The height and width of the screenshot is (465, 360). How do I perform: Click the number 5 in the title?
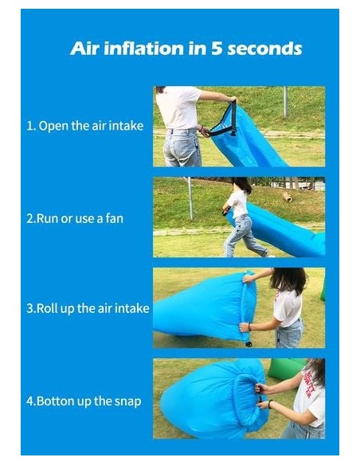click(217, 49)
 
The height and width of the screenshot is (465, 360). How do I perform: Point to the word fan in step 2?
click(114, 218)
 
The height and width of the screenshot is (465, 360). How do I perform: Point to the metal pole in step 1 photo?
click(285, 102)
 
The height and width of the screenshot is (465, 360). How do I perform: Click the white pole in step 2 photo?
click(190, 198)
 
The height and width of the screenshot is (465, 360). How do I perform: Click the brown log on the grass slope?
click(287, 197)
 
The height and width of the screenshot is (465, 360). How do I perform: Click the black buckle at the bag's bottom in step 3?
click(248, 344)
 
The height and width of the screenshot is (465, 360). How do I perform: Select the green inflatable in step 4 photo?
click(286, 369)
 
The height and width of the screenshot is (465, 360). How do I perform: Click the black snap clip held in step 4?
click(260, 393)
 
